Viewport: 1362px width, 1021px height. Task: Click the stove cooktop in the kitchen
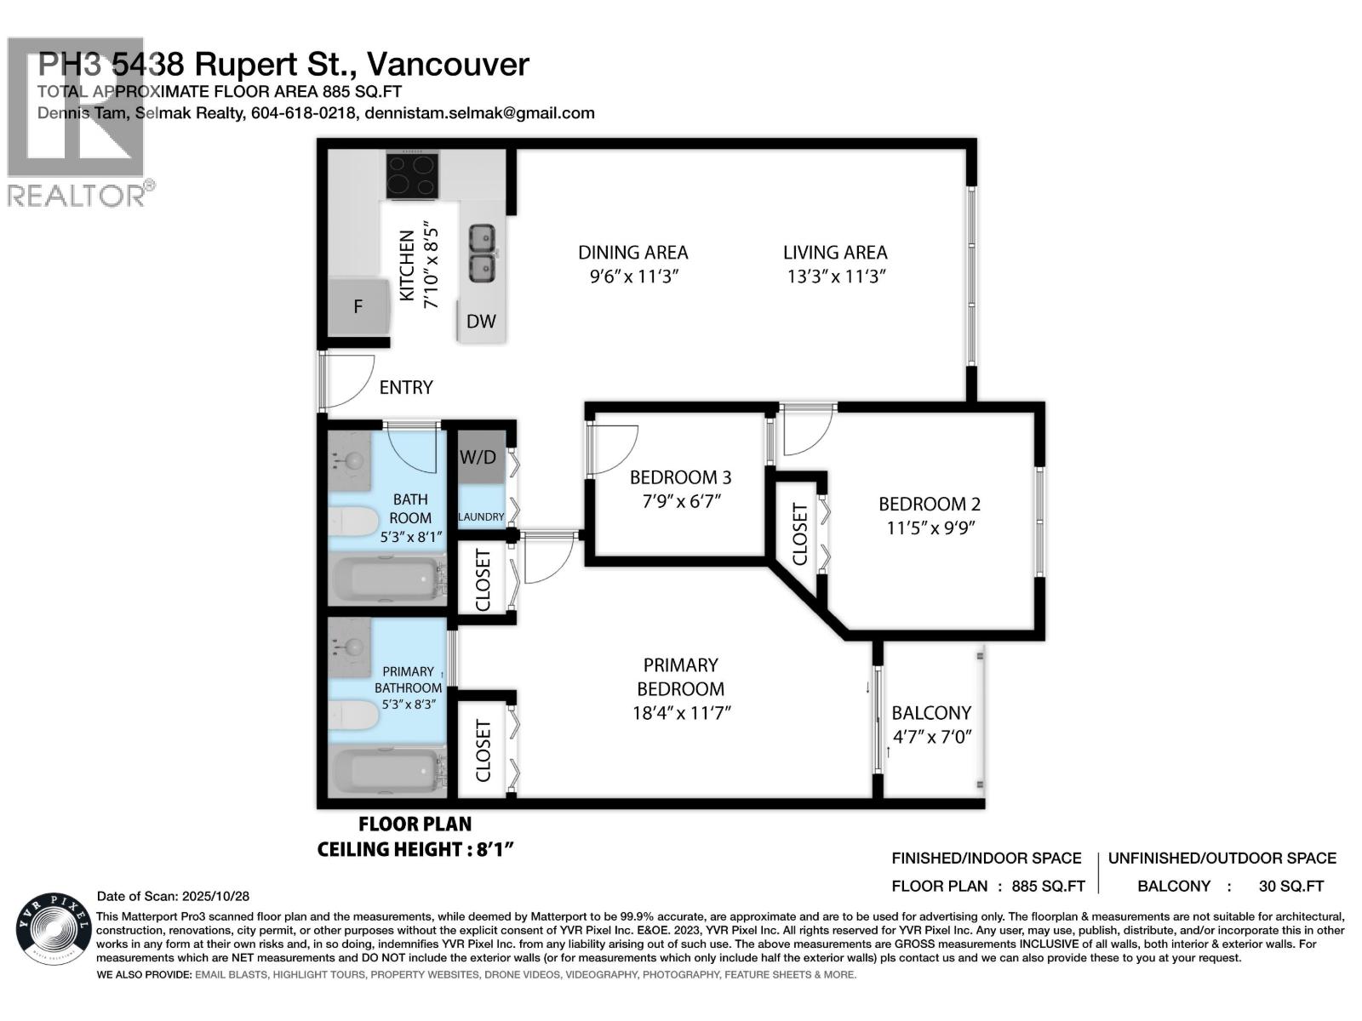[413, 174]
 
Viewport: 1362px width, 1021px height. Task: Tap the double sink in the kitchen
[483, 253]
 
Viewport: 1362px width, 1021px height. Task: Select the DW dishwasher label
[481, 322]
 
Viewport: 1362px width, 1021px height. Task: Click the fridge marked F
[358, 306]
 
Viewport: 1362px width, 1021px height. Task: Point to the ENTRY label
[406, 388]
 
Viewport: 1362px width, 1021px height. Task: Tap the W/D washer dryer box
[478, 458]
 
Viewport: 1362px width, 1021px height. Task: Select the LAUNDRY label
[481, 516]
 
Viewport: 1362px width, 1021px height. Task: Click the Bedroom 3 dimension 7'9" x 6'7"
[681, 501]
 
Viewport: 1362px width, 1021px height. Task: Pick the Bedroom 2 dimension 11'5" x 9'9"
[930, 528]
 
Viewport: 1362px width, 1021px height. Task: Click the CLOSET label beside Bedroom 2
[799, 534]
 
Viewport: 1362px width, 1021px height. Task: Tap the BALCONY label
[931, 713]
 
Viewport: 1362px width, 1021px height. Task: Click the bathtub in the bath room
[387, 579]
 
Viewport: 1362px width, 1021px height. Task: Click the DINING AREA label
[632, 253]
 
